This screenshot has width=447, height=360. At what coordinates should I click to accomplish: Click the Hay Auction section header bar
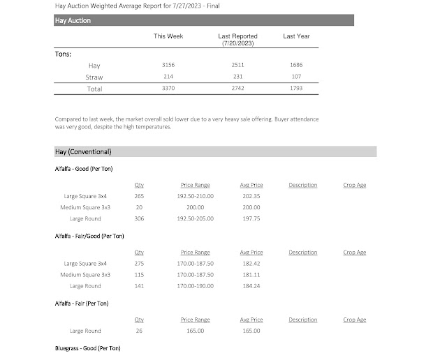click(203, 21)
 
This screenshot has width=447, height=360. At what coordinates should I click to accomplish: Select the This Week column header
click(168, 36)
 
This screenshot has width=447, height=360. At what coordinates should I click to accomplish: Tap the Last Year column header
click(296, 36)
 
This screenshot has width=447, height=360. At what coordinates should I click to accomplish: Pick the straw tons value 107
click(296, 77)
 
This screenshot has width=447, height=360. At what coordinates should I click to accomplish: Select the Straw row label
click(94, 77)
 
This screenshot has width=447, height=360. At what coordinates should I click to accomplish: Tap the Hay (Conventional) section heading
click(83, 151)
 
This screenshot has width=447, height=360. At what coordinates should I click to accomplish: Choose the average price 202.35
click(251, 196)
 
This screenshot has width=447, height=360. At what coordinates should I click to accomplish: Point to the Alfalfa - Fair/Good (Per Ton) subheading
click(89, 237)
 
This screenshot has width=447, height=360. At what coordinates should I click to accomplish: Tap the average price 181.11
click(251, 275)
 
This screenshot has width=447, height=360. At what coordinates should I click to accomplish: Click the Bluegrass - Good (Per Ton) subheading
click(87, 347)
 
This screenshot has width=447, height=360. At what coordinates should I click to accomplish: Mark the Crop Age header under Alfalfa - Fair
click(355, 320)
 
